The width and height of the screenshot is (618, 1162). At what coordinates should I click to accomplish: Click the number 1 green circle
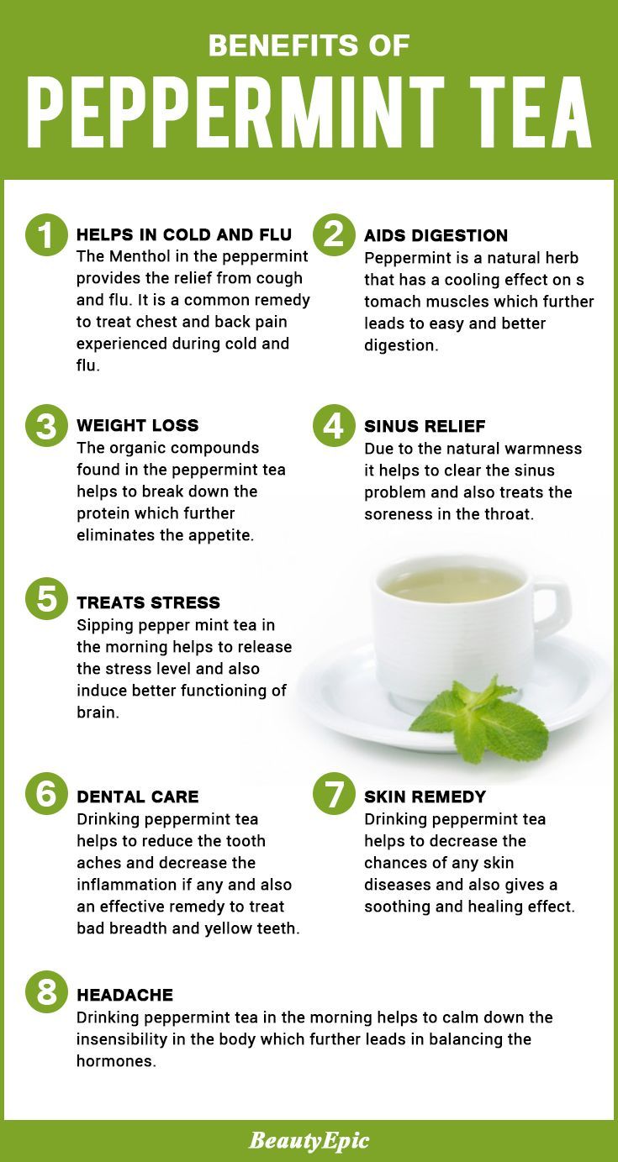pos(46,235)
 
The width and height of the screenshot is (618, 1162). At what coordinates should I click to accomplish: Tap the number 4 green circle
pos(334,426)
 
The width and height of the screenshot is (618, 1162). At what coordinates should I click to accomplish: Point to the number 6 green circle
pos(46,794)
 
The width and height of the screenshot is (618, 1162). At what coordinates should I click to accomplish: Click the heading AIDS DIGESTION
pos(436,235)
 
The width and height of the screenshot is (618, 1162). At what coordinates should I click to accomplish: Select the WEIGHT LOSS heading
pos(138,425)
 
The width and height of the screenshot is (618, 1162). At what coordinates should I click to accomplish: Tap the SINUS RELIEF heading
pos(425,427)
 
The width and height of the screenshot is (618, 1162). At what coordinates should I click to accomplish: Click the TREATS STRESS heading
pos(149,602)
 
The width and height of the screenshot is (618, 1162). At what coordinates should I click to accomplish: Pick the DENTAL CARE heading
pos(138,797)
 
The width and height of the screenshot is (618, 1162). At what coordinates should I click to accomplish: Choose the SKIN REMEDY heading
pos(425,797)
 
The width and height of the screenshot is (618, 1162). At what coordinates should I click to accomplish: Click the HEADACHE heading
pos(124,995)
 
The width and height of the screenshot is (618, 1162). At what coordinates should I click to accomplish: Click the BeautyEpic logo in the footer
pos(309,1140)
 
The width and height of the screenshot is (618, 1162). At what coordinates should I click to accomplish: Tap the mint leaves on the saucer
pos(480,718)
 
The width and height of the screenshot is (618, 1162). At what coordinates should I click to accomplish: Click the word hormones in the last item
pos(116,1061)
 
